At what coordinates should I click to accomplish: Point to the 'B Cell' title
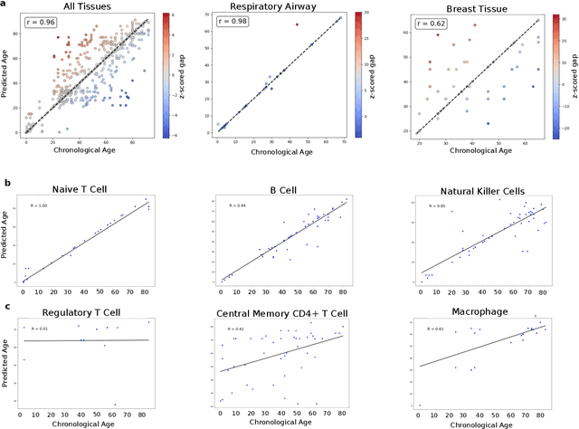point(283,190)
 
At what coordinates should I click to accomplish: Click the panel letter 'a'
point(5,5)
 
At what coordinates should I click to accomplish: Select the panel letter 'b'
point(5,182)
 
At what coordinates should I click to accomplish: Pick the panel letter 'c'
point(5,305)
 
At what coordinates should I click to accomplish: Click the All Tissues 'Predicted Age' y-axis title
point(7,76)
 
